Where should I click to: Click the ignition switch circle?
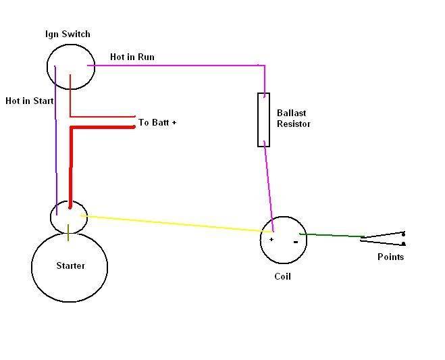coord(71,66)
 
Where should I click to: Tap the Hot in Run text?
coord(132,57)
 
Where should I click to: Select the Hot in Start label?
coord(29,101)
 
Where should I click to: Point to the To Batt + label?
coord(157,123)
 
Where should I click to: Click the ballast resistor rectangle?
coord(263,120)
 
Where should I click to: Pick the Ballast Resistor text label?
coord(294,119)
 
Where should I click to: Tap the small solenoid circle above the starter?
coord(69,216)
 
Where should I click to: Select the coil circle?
coord(284,240)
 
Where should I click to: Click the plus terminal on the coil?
coord(271,239)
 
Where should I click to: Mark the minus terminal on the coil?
coord(296,240)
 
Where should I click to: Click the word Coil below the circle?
coord(283,276)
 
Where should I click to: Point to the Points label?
coord(391,257)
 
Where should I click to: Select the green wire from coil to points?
coord(331,235)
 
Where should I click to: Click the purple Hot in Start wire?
coord(55,135)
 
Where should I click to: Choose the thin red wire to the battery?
coord(101,116)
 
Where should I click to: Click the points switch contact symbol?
coord(384,238)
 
